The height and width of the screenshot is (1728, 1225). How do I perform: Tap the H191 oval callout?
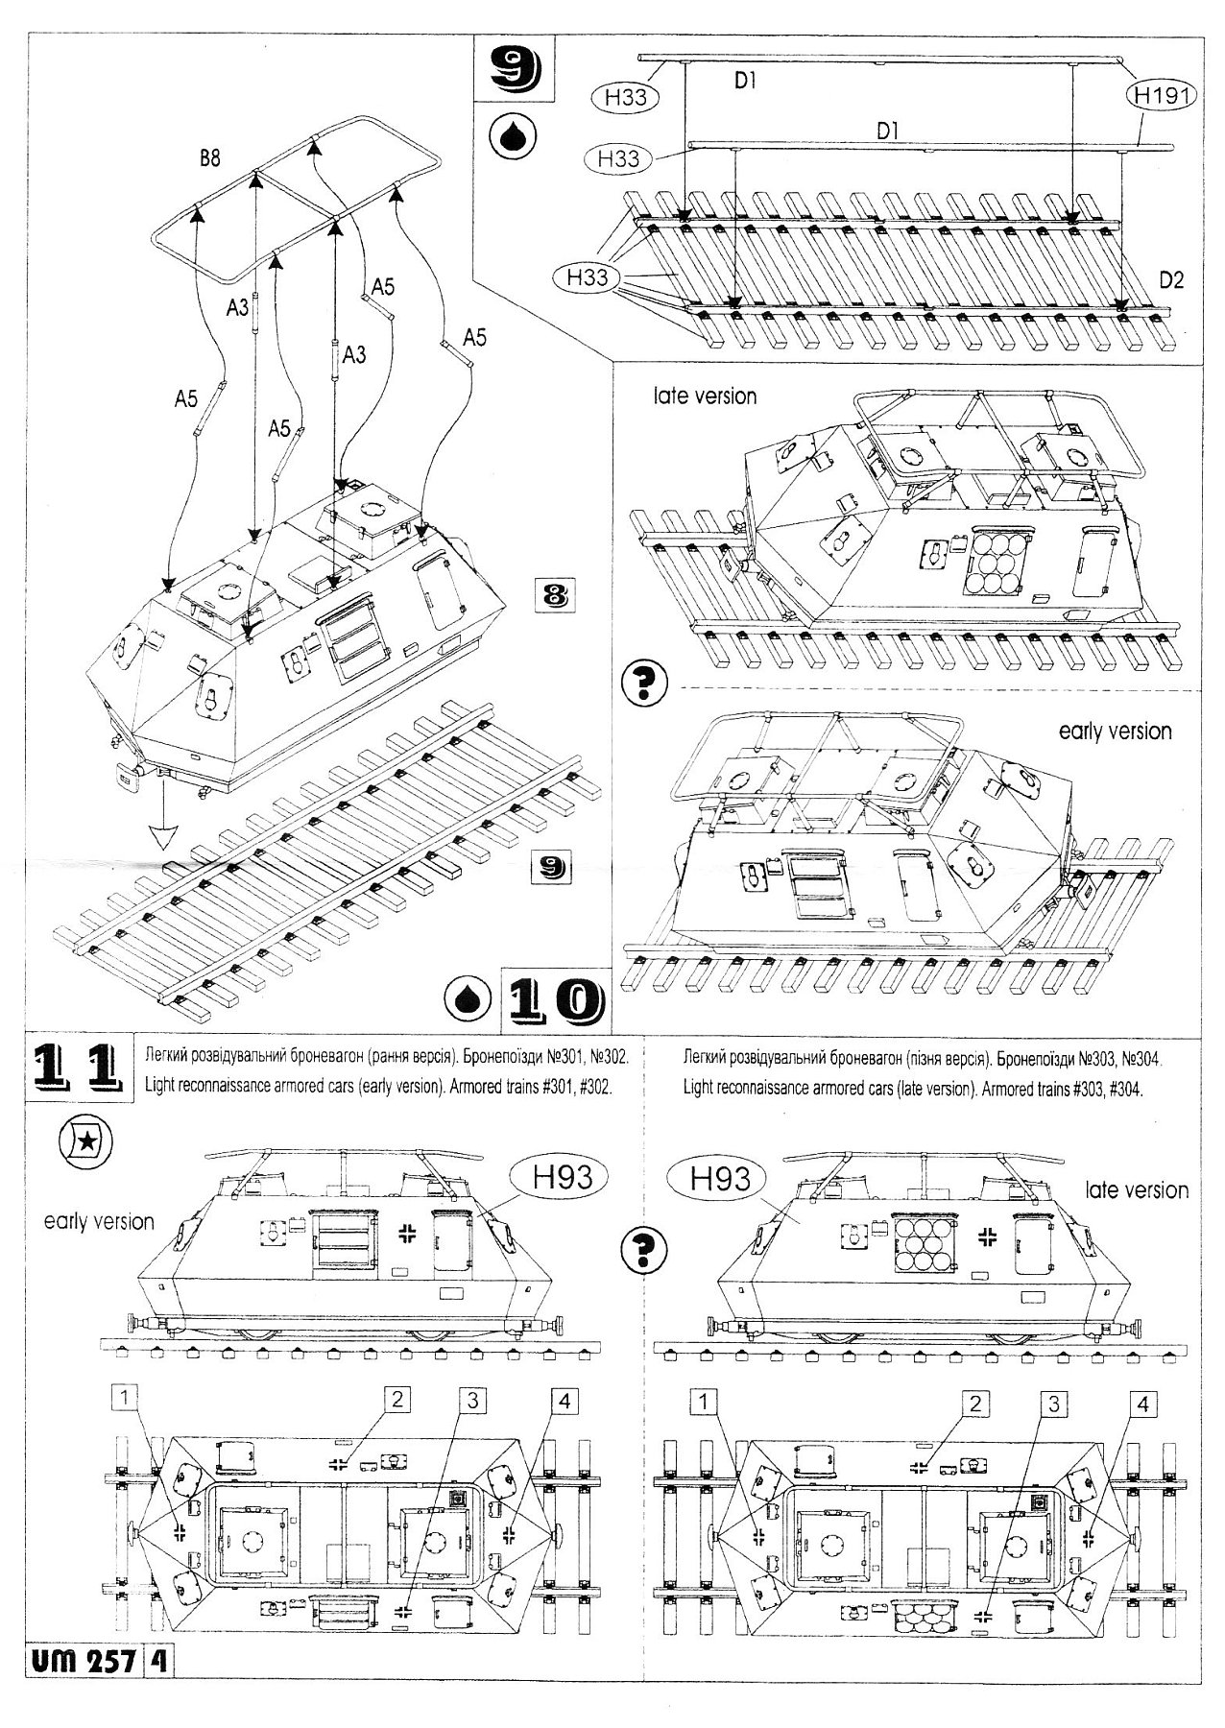coord(1161,96)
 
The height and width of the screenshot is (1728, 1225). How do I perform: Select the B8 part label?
coord(210,158)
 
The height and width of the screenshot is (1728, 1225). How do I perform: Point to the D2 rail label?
coord(1170,280)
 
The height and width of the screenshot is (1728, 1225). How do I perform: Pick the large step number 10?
coord(551,1000)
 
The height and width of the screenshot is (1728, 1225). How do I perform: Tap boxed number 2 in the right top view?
coord(974,1404)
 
